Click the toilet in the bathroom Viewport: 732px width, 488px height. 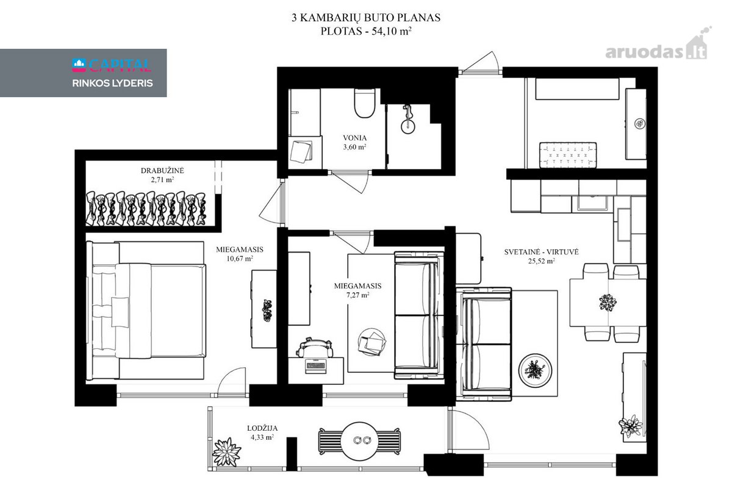pyautogui.click(x=365, y=103)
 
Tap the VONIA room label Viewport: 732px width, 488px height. pyautogui.click(x=354, y=138)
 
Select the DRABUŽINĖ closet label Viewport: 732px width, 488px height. pyautogui.click(x=162, y=171)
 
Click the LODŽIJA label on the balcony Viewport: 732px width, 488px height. pyautogui.click(x=262, y=428)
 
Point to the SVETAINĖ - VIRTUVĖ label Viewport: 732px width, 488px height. pyautogui.click(x=541, y=252)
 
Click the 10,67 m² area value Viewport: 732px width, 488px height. pyautogui.click(x=240, y=259)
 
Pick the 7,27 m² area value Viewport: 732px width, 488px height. pyautogui.click(x=358, y=295)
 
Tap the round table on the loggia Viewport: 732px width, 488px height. pyautogui.click(x=359, y=441)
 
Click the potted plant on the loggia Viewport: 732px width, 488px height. pyautogui.click(x=226, y=452)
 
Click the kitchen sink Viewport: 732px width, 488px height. pyautogui.click(x=592, y=203)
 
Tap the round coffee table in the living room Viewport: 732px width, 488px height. pyautogui.click(x=536, y=371)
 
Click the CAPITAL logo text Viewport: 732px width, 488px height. pyautogui.click(x=112, y=65)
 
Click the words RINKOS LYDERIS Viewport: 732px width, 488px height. pyautogui.click(x=112, y=84)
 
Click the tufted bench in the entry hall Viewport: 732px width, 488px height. pyautogui.click(x=568, y=155)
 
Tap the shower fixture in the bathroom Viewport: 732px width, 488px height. pyautogui.click(x=407, y=120)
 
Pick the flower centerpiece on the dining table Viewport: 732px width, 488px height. pyautogui.click(x=608, y=303)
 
